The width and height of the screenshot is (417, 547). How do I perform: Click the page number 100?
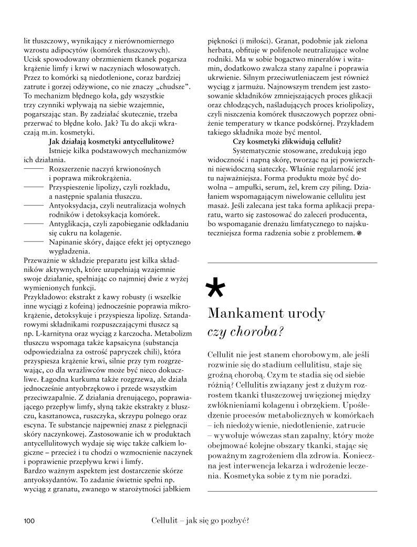[x=28, y=521]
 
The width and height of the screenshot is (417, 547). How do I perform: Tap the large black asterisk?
[x=217, y=288]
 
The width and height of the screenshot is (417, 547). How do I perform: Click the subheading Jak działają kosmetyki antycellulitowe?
[x=111, y=141]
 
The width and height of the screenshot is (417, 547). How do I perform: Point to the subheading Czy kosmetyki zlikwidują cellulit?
[x=287, y=141]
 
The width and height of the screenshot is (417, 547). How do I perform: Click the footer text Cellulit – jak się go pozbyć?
[x=199, y=521]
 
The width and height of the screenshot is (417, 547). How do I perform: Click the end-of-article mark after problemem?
[x=359, y=232]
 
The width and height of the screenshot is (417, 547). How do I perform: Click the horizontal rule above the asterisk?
[x=293, y=262]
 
